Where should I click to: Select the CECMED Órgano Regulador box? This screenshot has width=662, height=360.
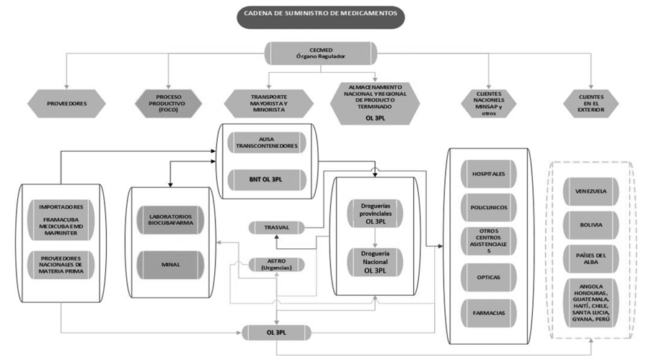tap(320, 53)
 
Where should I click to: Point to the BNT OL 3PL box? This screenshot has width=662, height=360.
tap(266, 177)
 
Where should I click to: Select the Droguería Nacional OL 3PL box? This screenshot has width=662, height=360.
tap(375, 262)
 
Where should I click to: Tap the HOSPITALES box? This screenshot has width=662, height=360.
tap(488, 175)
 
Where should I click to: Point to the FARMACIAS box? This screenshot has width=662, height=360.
tap(488, 312)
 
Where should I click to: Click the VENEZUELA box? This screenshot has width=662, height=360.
tap(591, 192)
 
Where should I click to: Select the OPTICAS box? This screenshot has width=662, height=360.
tap(488, 277)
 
